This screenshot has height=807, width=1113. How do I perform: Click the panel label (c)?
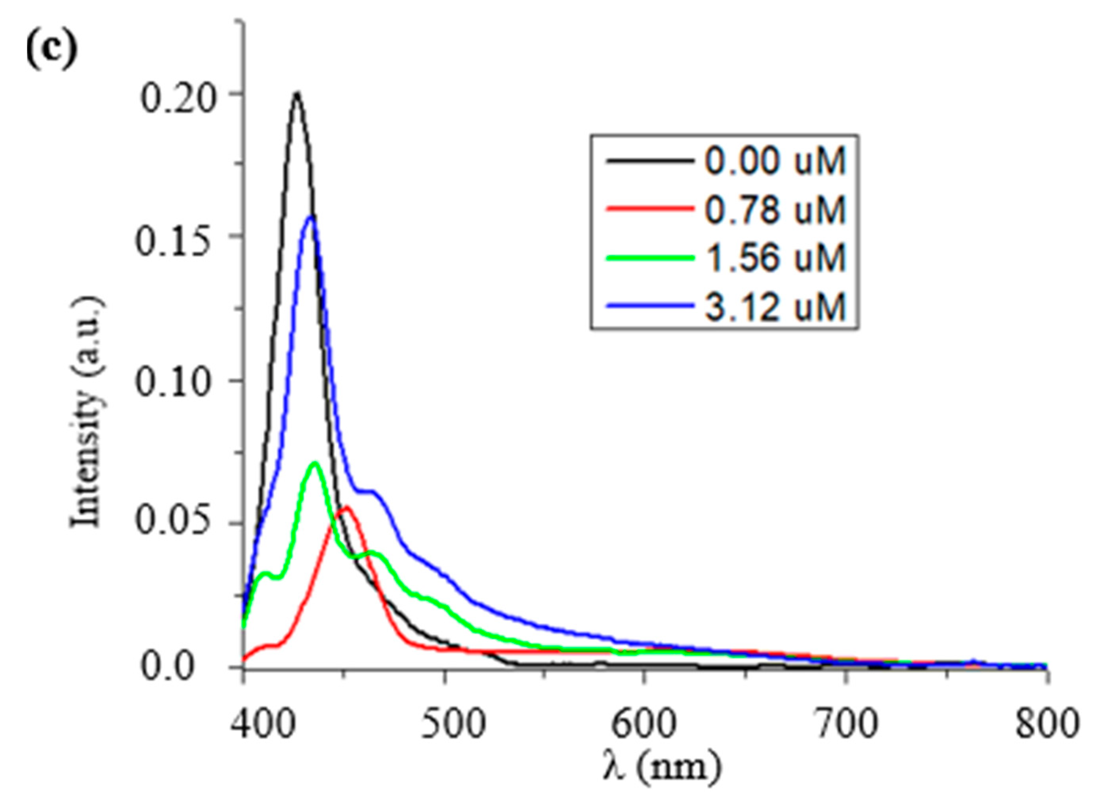click(x=51, y=51)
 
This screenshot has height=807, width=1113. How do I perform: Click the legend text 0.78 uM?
click(x=775, y=209)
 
